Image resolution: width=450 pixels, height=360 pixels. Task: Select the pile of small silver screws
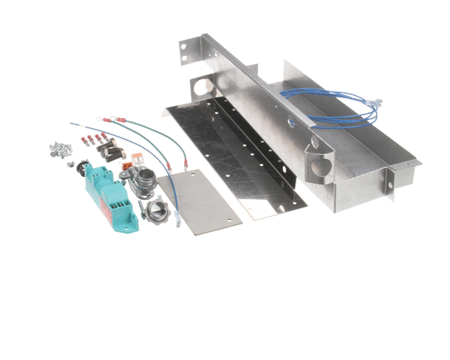(59, 150)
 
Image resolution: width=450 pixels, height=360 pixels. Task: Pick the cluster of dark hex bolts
(112, 150)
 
